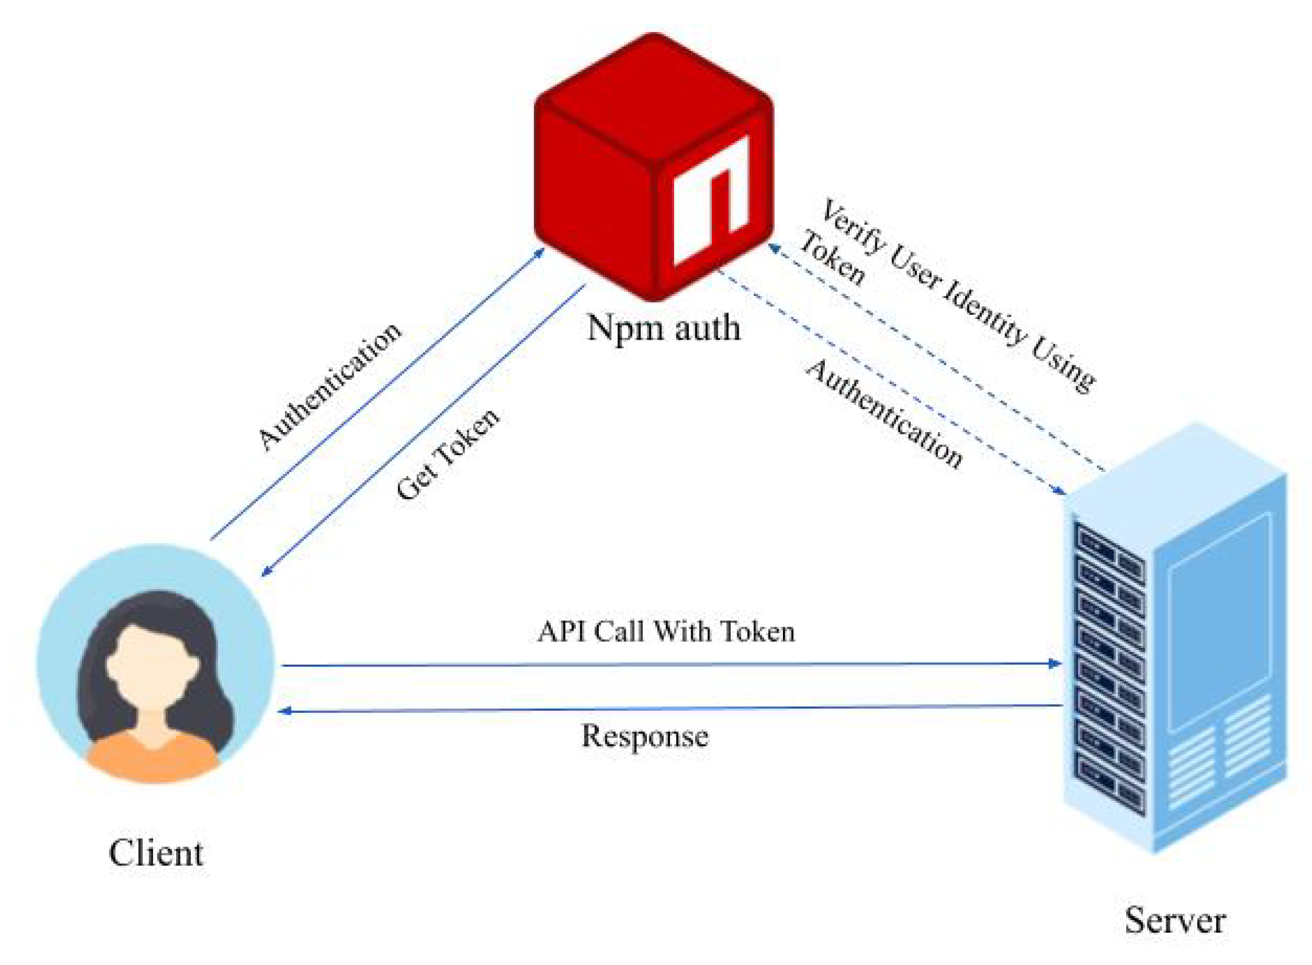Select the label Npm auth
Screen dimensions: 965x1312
663,328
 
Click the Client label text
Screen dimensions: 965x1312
155,853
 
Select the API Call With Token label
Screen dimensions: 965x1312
666,631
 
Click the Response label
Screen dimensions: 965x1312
645,736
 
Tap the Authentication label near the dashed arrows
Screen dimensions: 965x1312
884,413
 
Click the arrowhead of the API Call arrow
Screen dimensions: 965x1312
1055,663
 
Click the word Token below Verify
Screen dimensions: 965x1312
832,258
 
